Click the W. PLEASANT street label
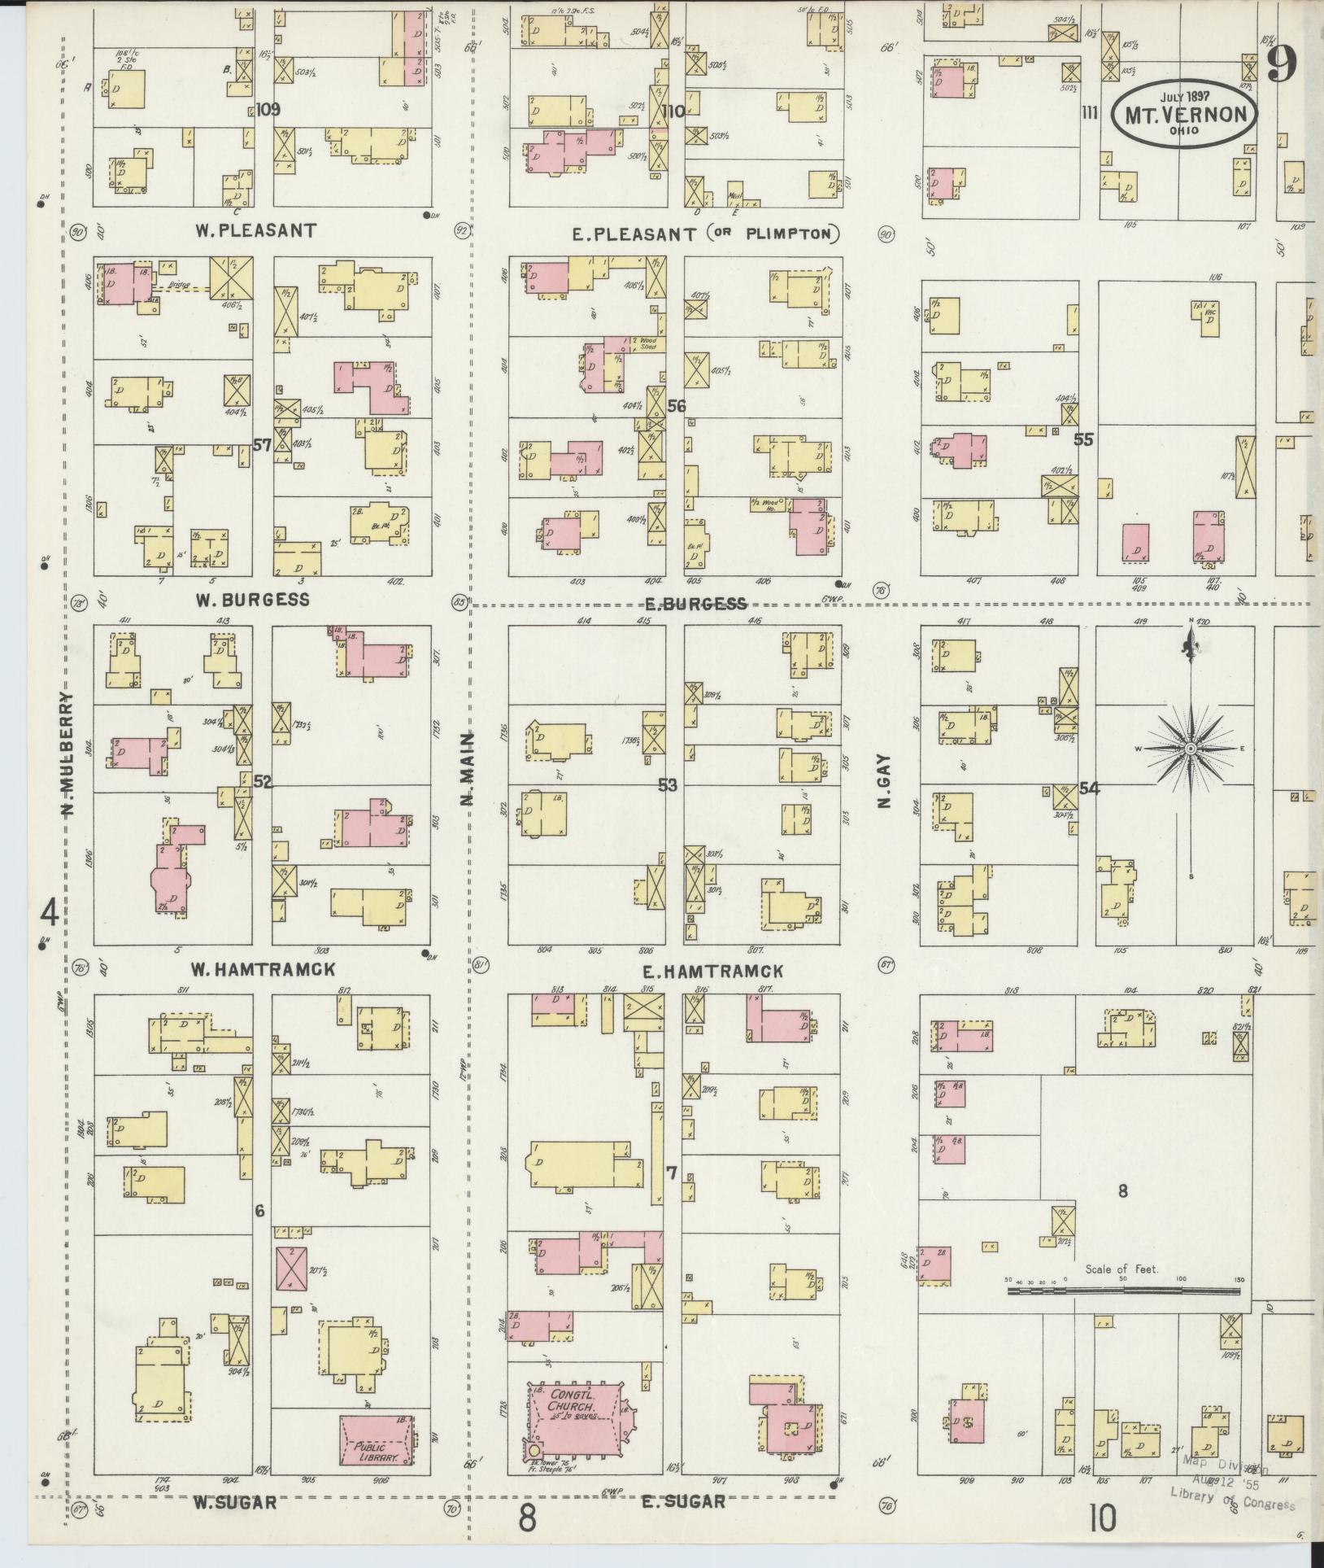255,230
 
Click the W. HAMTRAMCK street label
263,969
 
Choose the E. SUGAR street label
683,1500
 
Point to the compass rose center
1191,748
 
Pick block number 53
668,785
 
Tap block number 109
267,110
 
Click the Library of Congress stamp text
1232,1498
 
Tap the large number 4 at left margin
50,913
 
